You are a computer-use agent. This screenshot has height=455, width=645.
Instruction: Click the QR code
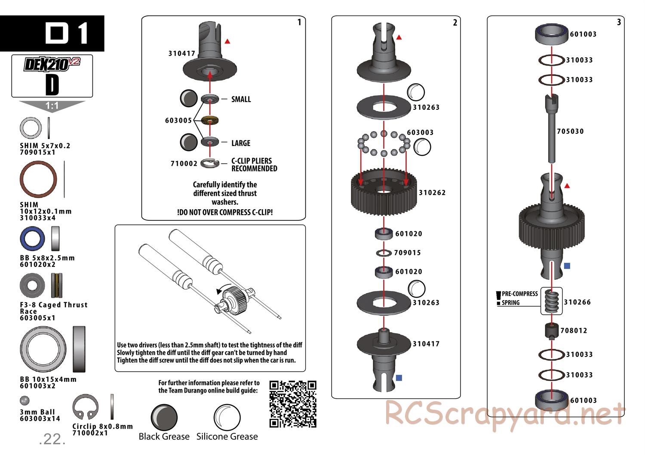(293, 404)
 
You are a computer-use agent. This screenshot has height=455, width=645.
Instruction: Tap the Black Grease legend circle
(164, 417)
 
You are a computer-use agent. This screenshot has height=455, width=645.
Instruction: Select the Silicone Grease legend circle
(227, 417)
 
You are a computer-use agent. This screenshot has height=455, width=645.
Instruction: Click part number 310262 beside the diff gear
(432, 192)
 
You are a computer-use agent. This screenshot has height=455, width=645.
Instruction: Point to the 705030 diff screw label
(570, 131)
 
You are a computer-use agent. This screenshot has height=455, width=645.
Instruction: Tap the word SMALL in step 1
(241, 99)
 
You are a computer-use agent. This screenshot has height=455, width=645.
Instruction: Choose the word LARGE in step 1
(241, 143)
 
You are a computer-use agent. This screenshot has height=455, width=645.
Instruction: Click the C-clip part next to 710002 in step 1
(210, 163)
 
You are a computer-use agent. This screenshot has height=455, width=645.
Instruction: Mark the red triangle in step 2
(399, 38)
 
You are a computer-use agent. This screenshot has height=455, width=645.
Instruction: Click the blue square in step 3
(567, 266)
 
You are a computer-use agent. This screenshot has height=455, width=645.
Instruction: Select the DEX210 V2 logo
(52, 64)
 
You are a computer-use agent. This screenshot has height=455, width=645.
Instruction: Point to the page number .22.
(52, 439)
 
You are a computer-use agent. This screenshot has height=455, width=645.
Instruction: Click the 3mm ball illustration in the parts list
(25, 401)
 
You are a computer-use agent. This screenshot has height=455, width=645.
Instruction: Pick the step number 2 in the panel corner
(455, 23)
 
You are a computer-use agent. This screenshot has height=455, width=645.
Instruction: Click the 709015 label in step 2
(407, 253)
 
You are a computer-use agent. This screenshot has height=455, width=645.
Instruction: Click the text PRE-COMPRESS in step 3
(519, 294)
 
